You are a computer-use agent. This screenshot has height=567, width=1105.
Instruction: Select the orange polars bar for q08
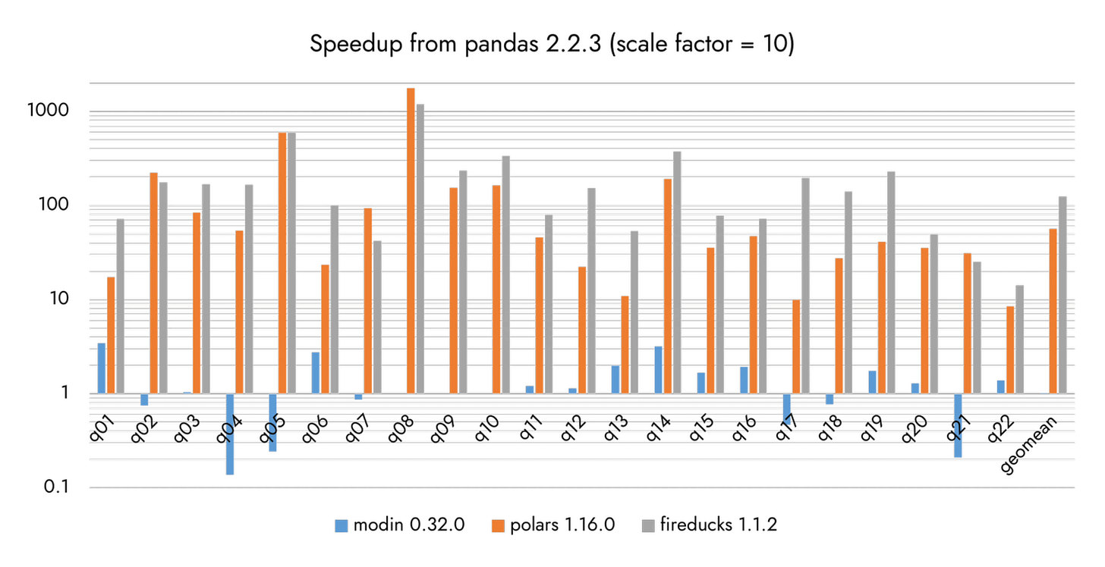pos(411,241)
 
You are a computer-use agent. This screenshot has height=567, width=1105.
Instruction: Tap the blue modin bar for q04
pos(230,434)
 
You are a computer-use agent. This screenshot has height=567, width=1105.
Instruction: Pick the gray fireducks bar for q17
pos(805,286)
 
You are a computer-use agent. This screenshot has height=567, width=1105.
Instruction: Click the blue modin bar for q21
pos(958,425)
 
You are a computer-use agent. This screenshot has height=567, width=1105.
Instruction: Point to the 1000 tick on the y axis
pos(48,111)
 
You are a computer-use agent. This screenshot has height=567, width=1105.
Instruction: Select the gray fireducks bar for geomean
pos(1062,295)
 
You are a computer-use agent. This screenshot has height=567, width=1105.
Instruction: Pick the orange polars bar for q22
pos(1010,349)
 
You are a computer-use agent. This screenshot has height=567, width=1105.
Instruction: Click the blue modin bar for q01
pos(102,368)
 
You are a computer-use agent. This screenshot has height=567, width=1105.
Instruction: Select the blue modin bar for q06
pos(316,373)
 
